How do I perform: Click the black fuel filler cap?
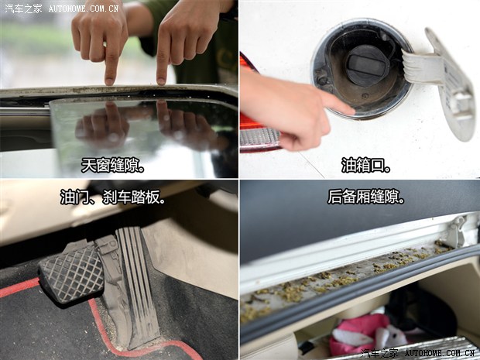pyautogui.click(x=368, y=65)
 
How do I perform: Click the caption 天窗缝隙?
pyautogui.click(x=112, y=166)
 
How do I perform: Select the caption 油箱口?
pyautogui.click(x=366, y=166)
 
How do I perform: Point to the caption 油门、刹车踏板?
pyautogui.click(x=113, y=197)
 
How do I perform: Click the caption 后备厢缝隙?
pyautogui.click(x=366, y=197)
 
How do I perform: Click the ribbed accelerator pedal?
pyautogui.click(x=139, y=285)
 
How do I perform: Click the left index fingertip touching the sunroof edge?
pyautogui.click(x=109, y=81)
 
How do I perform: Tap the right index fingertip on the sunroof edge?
pyautogui.click(x=161, y=81)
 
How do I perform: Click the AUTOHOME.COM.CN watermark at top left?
pyautogui.click(x=84, y=9)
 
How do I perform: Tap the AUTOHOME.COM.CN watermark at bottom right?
pyautogui.click(x=440, y=353)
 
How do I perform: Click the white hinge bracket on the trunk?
pyautogui.click(x=459, y=230)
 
